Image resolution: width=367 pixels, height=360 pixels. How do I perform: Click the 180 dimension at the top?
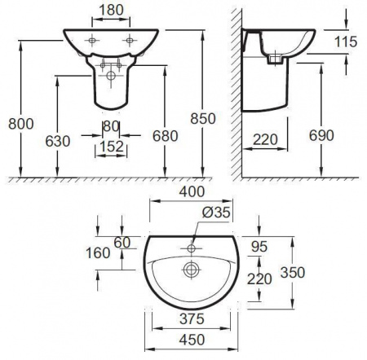click(111, 10)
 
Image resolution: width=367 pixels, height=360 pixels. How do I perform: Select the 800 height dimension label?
click(21, 124)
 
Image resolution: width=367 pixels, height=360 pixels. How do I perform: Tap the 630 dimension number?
click(58, 141)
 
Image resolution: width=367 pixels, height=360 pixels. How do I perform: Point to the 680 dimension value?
click(166, 136)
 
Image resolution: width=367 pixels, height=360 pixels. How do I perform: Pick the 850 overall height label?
click(203, 119)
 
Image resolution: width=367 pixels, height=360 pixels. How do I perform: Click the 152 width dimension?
click(112, 147)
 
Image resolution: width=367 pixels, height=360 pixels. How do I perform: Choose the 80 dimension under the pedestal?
click(112, 126)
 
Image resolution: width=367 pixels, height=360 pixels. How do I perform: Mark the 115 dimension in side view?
click(346, 42)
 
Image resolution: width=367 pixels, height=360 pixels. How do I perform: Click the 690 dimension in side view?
click(321, 135)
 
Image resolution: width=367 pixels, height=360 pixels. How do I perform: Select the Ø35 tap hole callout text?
click(216, 212)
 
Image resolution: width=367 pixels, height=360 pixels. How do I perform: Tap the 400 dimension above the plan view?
click(192, 191)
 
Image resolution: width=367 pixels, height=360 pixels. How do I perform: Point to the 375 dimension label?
click(192, 318)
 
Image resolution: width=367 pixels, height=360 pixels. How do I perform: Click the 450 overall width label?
click(192, 340)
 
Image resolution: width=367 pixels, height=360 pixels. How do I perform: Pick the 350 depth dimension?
click(293, 272)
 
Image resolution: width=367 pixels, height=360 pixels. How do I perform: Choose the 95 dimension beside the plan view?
click(259, 247)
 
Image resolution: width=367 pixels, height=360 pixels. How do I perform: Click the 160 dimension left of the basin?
click(98, 252)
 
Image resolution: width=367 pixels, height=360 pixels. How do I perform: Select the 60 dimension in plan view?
click(122, 243)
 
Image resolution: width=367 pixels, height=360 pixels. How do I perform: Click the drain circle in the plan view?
click(191, 270)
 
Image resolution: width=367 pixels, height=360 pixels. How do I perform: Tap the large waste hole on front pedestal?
click(111, 76)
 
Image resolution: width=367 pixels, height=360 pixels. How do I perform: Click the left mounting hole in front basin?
click(92, 41)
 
